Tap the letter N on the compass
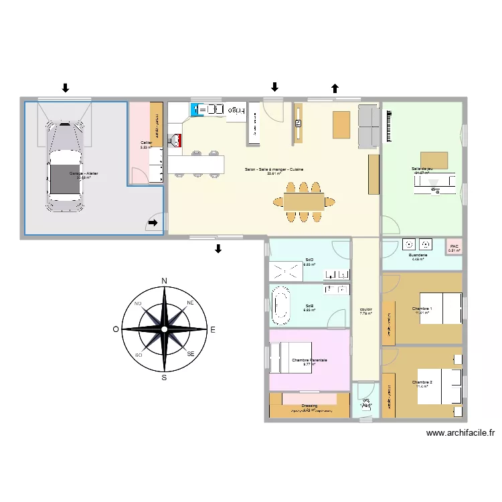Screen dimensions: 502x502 tap(164, 280)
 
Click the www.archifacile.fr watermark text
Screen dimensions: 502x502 tap(461, 433)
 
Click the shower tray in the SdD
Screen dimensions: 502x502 tap(286, 271)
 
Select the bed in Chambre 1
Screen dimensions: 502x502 tap(441, 308)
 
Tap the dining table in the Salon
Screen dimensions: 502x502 tap(304, 201)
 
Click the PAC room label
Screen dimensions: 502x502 tap(454, 246)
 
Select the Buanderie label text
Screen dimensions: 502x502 tap(418, 255)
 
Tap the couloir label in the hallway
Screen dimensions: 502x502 tap(365, 309)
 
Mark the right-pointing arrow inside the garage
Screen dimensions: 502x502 tap(153, 224)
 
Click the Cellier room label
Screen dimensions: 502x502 tap(146, 143)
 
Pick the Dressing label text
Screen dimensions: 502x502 tap(309, 405)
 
